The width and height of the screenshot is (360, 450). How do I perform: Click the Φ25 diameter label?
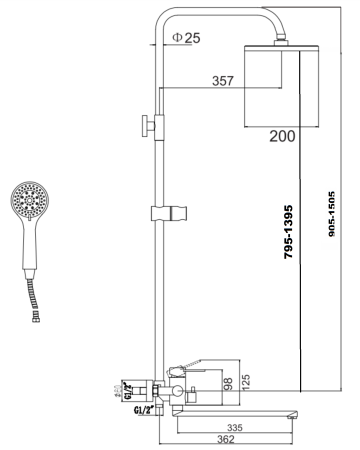(x=187, y=38)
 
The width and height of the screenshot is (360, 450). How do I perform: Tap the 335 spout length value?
(x=233, y=425)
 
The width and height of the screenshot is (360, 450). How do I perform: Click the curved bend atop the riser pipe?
(x=166, y=20)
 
